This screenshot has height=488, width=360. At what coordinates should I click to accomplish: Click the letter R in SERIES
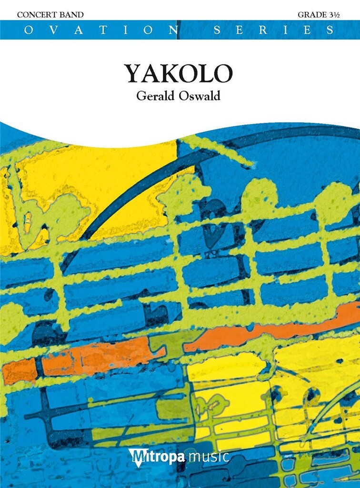pos(269,30)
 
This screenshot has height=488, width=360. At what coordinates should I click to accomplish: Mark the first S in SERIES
pos(217,30)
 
